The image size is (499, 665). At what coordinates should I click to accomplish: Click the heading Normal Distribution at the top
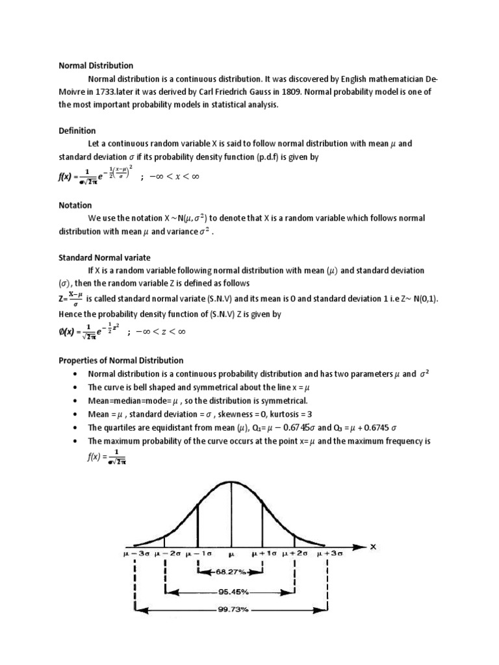pos(96,66)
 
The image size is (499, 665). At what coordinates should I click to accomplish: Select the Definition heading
pos(77,131)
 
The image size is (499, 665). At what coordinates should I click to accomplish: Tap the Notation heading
pos(75,205)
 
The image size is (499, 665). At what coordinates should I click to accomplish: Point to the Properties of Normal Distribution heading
pos(121,360)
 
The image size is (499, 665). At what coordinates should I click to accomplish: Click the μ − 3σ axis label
pos(136,555)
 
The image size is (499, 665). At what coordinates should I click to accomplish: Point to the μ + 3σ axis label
pos(329,555)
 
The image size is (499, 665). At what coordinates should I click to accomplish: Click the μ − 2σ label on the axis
pos(167,555)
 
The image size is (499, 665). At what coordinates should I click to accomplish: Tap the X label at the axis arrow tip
pos(373,546)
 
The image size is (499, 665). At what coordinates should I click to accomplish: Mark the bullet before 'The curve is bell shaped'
pos(76,388)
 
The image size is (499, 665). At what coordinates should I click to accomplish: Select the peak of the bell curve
pos(231,482)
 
